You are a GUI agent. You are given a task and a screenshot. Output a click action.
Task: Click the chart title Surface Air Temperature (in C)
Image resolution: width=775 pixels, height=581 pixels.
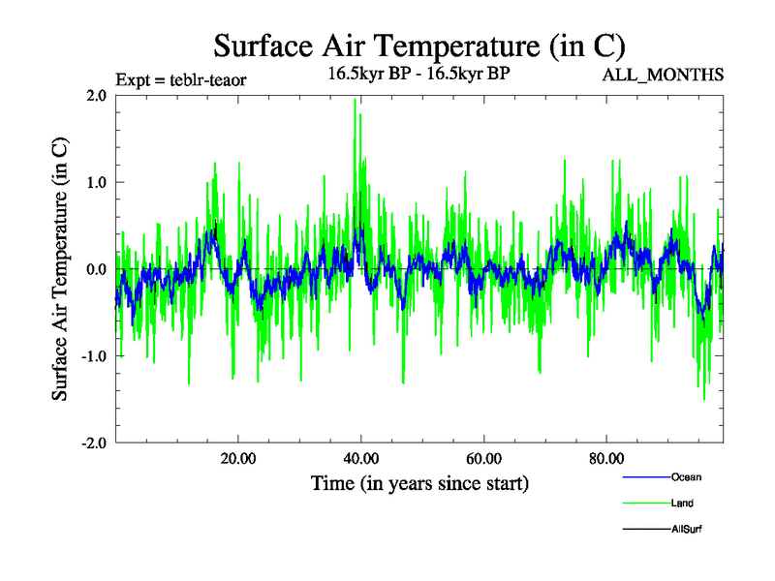[418, 46]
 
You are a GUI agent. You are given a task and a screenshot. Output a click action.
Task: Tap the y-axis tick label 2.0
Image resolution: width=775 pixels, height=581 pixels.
[96, 95]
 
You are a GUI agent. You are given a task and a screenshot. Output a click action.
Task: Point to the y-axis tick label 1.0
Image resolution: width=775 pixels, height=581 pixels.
[96, 182]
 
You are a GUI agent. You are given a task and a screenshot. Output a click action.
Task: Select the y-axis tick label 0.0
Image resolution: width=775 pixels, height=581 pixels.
[96, 269]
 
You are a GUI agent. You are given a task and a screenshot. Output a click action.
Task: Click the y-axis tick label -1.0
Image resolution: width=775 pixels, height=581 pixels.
[93, 356]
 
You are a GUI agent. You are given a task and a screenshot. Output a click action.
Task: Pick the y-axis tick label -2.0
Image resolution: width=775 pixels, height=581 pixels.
[93, 443]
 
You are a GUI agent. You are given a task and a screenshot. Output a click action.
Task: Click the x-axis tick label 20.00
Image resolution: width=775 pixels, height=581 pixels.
[237, 459]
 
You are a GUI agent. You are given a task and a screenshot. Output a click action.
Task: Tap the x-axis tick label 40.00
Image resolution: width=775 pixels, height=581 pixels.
[360, 459]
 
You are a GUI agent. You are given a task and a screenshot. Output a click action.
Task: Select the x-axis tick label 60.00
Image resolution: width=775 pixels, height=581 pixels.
[482, 459]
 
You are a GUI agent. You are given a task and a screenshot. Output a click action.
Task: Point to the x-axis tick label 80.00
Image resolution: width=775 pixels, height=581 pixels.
[605, 459]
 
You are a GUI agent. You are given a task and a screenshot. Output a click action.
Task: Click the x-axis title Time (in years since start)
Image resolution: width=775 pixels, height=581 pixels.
[419, 482]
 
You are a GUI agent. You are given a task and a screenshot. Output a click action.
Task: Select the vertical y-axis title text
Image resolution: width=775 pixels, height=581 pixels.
[60, 269]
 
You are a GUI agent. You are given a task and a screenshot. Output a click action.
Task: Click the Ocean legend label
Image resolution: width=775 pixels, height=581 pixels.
[686, 476]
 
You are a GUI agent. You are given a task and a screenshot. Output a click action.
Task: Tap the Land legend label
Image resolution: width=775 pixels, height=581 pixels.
[682, 503]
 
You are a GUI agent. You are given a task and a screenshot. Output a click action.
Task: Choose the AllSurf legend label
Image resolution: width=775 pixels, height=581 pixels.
[687, 529]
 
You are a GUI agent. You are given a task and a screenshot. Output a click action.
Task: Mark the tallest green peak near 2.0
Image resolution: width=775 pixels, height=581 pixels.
[356, 101]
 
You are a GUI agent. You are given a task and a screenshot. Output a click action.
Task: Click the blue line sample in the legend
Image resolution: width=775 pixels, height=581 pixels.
[645, 476]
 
